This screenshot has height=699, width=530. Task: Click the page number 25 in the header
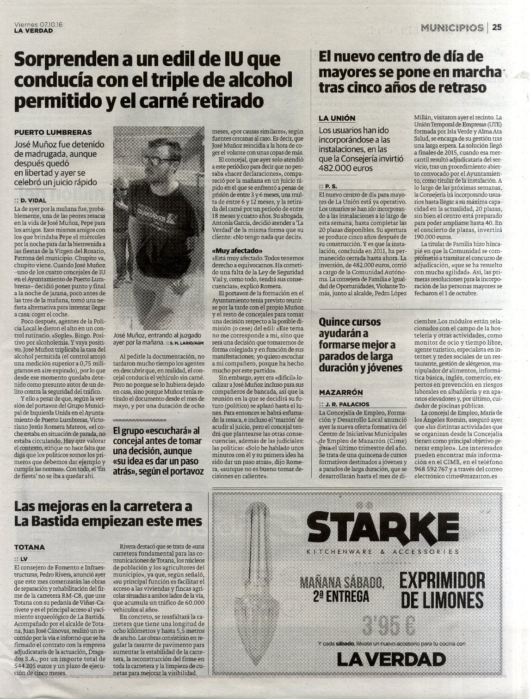[x=497, y=27]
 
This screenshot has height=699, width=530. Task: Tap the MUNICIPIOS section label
[x=452, y=28]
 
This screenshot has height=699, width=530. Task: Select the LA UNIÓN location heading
[x=337, y=118]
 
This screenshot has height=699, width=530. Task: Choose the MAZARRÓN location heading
[x=341, y=392]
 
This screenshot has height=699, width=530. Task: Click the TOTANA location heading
[x=30, y=547]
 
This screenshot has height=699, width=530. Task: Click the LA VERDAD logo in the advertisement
[x=391, y=659]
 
